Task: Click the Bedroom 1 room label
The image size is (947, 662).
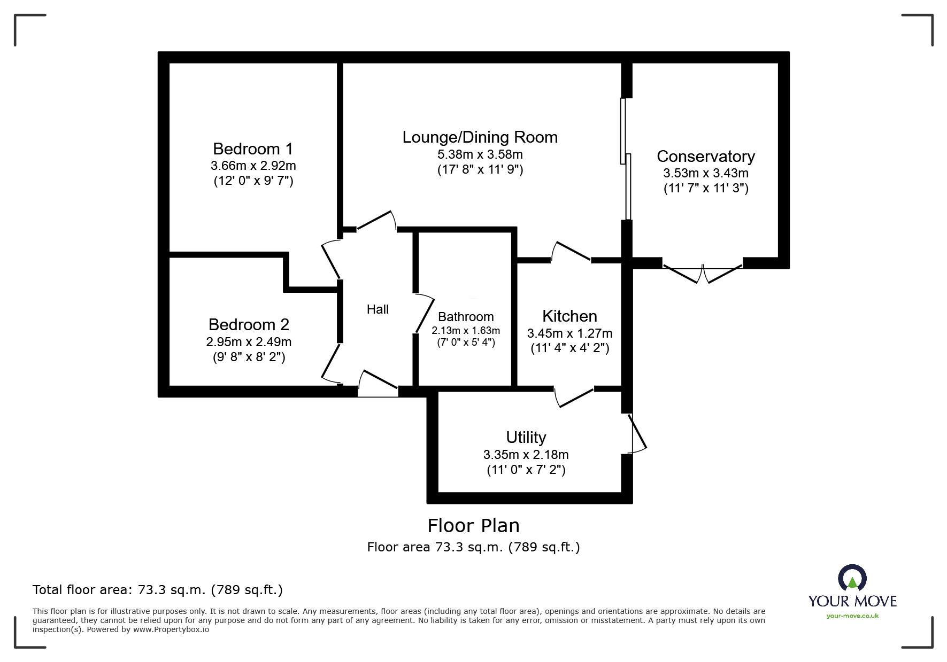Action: (x=252, y=149)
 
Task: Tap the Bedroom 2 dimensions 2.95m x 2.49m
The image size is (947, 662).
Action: (x=249, y=341)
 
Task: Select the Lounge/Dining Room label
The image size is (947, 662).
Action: (x=480, y=137)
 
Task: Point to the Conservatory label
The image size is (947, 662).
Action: (x=705, y=157)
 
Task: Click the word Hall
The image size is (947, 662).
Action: (x=378, y=309)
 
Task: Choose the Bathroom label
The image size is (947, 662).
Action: (x=466, y=317)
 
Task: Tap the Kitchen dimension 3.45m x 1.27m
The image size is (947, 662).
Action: (x=569, y=333)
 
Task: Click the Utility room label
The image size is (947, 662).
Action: (x=526, y=438)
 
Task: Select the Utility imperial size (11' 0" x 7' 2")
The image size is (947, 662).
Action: (x=526, y=470)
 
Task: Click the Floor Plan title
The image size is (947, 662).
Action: (x=473, y=526)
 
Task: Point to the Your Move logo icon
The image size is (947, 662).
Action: (x=852, y=578)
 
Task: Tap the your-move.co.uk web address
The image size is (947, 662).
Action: (x=852, y=616)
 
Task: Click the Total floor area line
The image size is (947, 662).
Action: (x=158, y=590)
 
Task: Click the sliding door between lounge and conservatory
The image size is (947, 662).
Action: (x=625, y=159)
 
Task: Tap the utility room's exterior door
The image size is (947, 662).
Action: (x=637, y=433)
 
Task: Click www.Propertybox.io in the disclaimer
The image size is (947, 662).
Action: (x=171, y=629)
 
